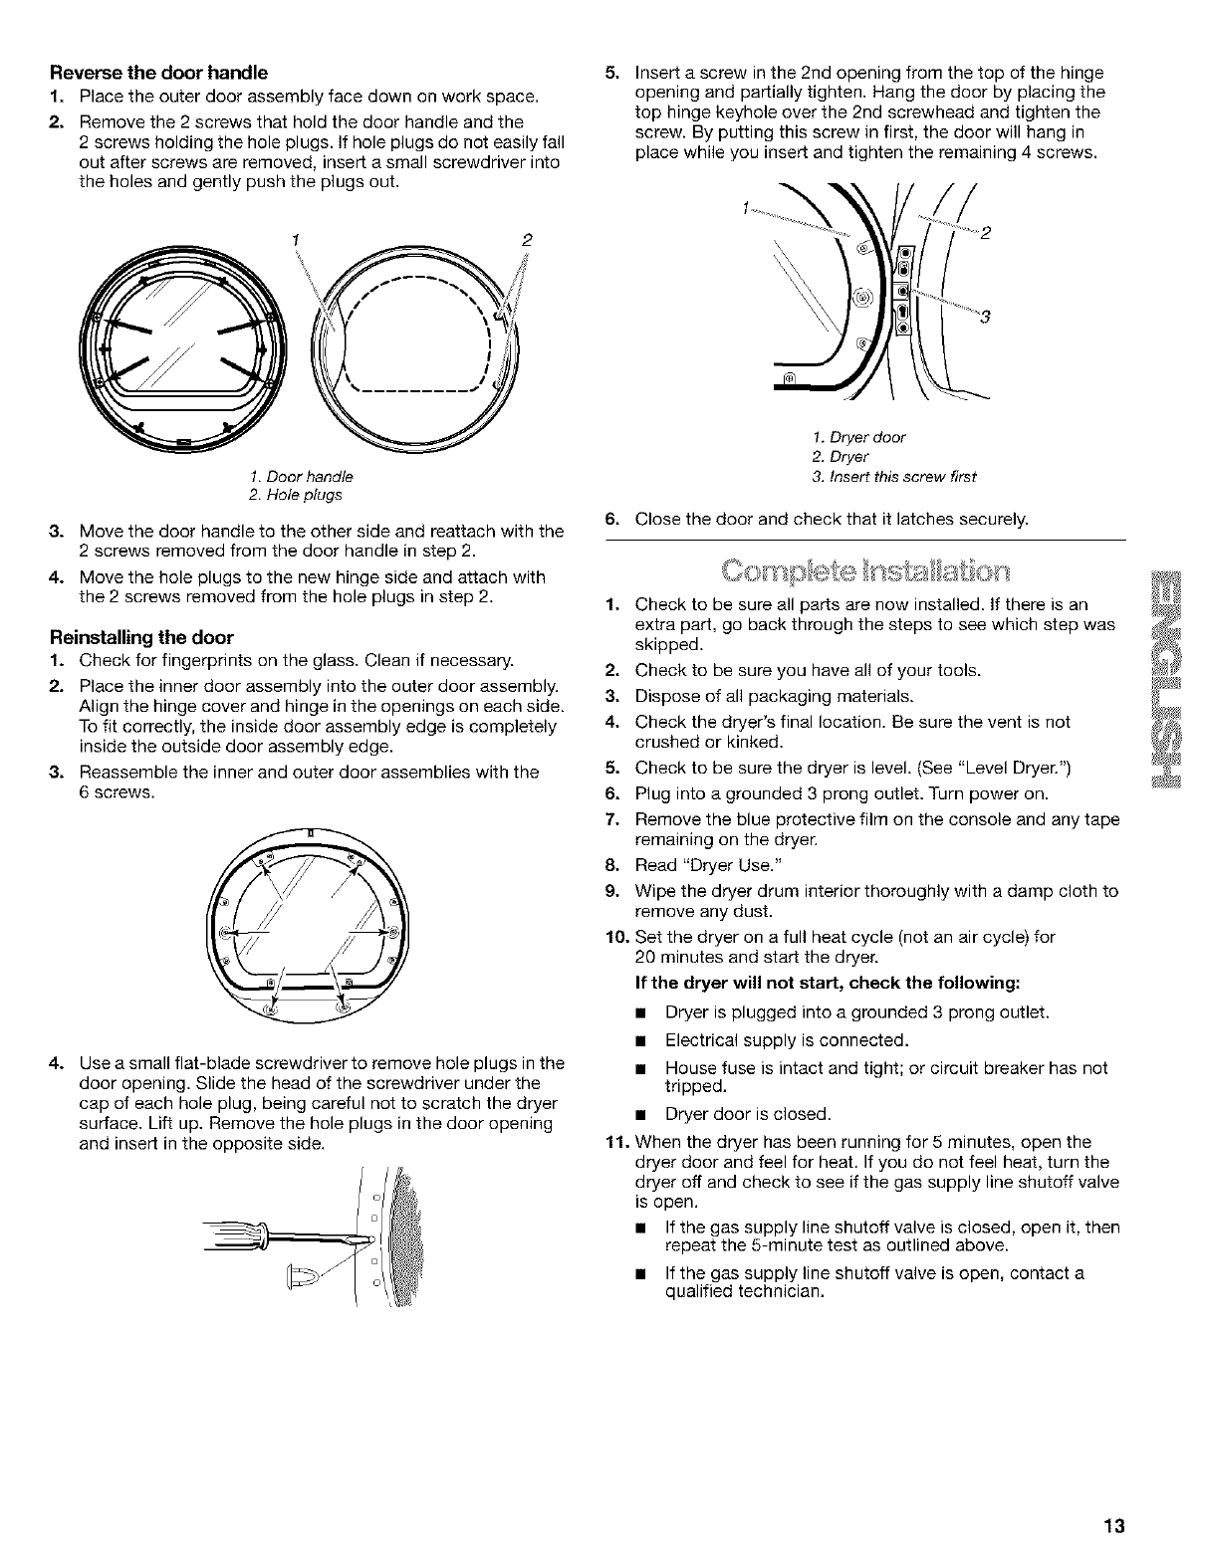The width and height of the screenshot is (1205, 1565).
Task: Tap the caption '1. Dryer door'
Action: (x=858, y=437)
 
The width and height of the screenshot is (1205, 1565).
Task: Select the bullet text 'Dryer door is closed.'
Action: (x=747, y=1113)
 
